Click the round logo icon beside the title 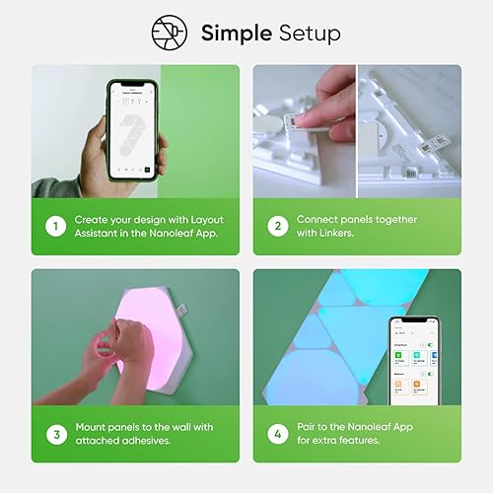[170, 32]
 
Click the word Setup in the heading [307, 33]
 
